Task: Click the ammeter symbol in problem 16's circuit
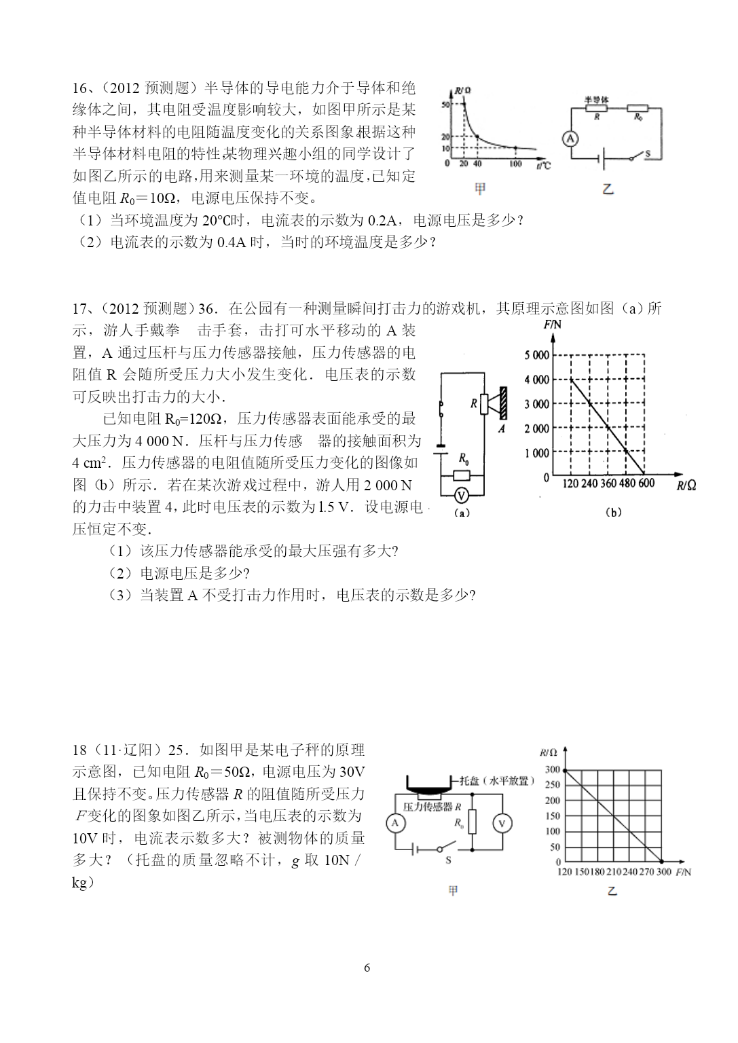pos(570,139)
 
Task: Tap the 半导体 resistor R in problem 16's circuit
pos(596,108)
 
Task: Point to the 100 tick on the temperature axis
pos(515,164)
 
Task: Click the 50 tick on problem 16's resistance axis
pos(445,105)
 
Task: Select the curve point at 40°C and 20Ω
pos(477,137)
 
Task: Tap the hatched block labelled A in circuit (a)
pos(503,403)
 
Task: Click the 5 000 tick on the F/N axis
pos(536,355)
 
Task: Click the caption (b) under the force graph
pos(613,513)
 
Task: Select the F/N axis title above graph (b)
pos(552,325)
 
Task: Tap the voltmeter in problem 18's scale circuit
pos(502,824)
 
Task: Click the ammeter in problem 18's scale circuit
pos(395,823)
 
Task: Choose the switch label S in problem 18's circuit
pos(448,860)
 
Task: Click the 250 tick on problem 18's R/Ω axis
pos(553,785)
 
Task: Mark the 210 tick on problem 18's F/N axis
pos(614,872)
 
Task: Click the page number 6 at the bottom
pos(367,968)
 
